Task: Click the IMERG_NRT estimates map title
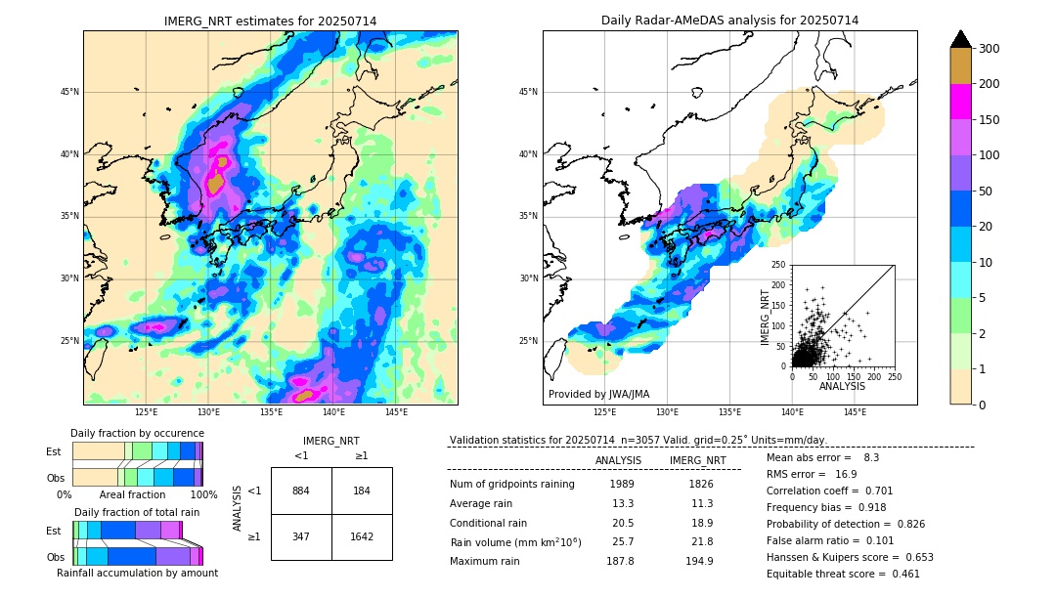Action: click(270, 21)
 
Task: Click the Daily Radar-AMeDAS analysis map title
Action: click(729, 21)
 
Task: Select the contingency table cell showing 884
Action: click(301, 491)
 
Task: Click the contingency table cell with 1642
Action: click(362, 536)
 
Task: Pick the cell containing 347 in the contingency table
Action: click(301, 536)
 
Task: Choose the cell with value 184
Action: click(362, 491)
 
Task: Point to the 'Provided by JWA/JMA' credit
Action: click(598, 394)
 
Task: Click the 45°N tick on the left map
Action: click(69, 92)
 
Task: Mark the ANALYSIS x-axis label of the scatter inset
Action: click(842, 387)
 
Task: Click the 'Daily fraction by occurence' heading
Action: click(137, 433)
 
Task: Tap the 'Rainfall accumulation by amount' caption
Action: click(137, 573)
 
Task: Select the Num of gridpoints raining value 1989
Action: click(622, 484)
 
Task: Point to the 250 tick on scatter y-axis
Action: click(778, 265)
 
